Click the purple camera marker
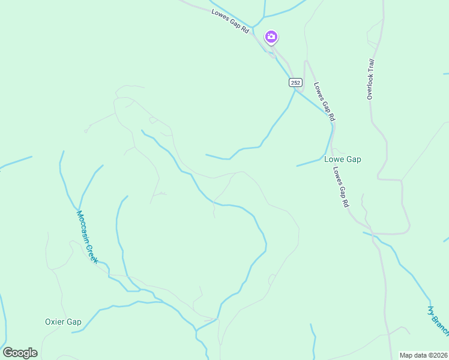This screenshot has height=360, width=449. coord(271,37)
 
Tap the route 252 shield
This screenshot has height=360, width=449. coord(295,82)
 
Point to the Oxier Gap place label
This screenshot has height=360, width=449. coord(63,322)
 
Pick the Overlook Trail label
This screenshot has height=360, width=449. coord(371,79)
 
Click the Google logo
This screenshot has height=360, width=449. coord(20,353)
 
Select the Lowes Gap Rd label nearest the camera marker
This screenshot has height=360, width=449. coord(231,21)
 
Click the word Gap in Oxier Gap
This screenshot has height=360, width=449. coord(74,322)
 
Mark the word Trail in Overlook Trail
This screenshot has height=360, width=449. coord(372,65)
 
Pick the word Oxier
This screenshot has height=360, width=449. coord(55,322)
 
